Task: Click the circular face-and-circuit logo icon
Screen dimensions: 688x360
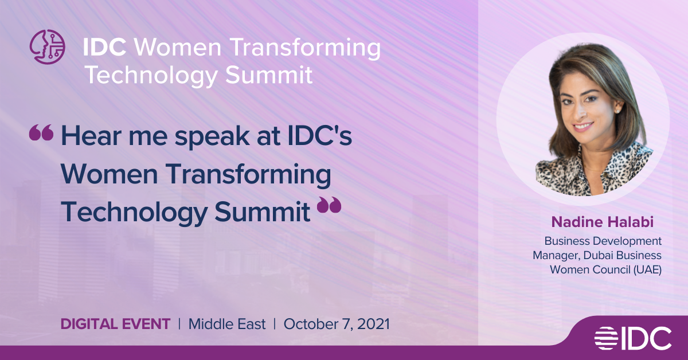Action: pos(47,46)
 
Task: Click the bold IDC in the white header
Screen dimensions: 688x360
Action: pos(104,48)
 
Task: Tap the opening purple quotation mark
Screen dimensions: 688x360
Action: pos(41,132)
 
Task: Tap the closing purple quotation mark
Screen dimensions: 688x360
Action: pos(329,205)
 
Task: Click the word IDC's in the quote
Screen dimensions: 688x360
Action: pos(320,135)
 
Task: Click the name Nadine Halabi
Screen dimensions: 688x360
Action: pos(603,222)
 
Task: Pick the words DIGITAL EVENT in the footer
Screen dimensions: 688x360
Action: pos(115,324)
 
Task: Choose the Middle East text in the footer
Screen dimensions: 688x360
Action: pos(227,324)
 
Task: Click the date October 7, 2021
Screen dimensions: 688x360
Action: pos(337,324)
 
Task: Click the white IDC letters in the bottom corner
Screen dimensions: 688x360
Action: pos(647,338)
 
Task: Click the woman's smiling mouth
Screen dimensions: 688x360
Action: pos(583,126)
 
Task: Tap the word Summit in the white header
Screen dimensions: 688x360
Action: pos(269,75)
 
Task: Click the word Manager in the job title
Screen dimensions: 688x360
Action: pos(557,256)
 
